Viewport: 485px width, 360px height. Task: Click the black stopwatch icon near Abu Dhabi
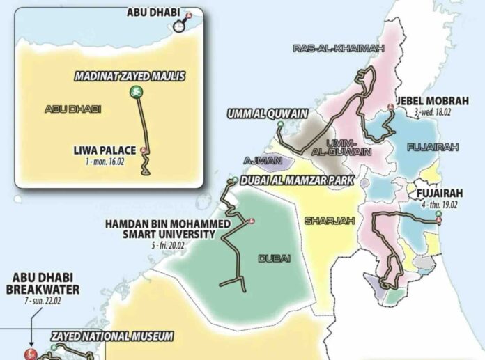pos(180,26)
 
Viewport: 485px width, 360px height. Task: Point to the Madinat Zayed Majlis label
pos(131,77)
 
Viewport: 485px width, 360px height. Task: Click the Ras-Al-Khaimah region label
pos(328,48)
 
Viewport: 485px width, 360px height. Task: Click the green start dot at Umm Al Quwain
pos(280,125)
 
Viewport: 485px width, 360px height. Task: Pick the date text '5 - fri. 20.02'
pos(180,246)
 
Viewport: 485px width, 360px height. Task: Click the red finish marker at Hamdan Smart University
pos(251,221)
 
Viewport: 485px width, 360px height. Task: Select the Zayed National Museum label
pos(111,337)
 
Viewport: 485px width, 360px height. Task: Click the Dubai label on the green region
pos(274,258)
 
